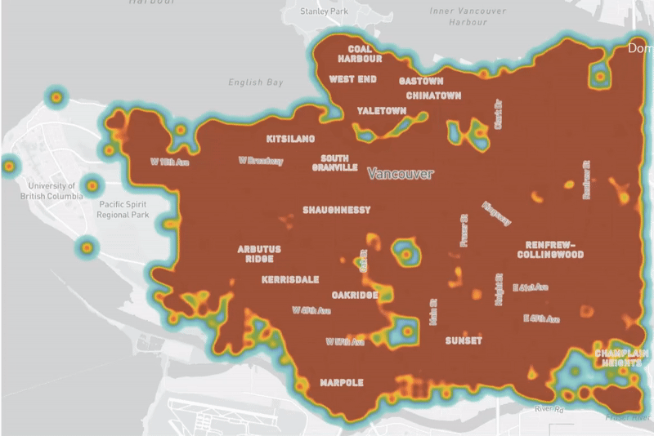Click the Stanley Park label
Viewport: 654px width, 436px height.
point(325,11)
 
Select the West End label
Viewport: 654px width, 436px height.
point(352,79)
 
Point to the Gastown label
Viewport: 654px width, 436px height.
point(421,81)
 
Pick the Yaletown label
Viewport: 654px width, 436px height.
point(381,111)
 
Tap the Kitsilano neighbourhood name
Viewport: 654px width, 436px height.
point(290,139)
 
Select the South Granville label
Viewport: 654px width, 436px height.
point(334,162)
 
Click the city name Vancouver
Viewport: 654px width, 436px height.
point(400,174)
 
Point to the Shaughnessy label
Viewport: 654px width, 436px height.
point(336,210)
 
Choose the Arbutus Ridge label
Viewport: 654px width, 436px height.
point(259,254)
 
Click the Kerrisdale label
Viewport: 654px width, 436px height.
point(290,279)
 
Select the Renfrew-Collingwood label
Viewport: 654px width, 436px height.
point(549,249)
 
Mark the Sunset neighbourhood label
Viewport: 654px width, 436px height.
point(464,340)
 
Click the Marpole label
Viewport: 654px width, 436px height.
point(341,382)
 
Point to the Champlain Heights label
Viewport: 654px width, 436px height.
point(622,359)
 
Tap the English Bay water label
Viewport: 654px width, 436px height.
point(256,82)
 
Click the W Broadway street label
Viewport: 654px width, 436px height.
point(261,161)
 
